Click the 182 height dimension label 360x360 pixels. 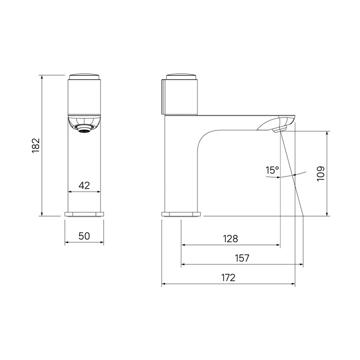pos(36,145)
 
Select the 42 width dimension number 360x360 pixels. pos(84,185)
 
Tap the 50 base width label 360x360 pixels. pos(84,236)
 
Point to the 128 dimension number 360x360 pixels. pos(231,239)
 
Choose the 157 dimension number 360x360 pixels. pos(242,258)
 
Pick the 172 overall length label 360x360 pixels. pos(229,278)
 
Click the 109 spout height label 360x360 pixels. pos(321,174)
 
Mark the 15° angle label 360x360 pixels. pos(273,171)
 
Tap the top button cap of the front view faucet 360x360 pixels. pos(84,76)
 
